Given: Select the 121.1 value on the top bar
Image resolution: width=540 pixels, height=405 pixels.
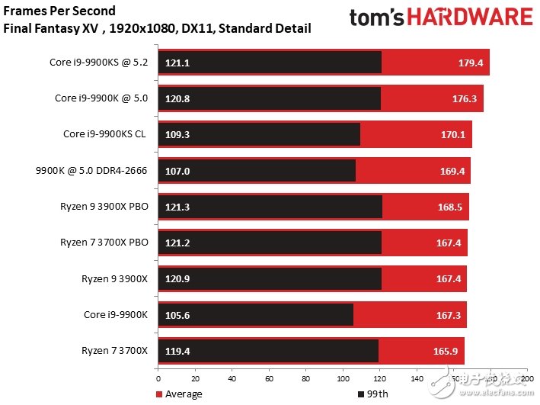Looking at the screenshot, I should click(177, 63).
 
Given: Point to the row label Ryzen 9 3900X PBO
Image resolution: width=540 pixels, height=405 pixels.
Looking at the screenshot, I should click(105, 206).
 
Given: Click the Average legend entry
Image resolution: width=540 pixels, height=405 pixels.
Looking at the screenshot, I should click(183, 394).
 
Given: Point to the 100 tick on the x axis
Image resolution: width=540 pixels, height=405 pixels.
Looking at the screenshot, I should click(343, 379).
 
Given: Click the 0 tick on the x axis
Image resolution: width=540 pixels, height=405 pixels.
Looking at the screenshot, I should click(158, 379).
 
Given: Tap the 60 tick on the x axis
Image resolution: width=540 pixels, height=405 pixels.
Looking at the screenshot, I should click(269, 379).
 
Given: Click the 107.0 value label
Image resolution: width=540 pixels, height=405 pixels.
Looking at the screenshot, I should click(177, 171).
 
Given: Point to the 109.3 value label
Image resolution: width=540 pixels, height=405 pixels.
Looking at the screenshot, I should click(177, 135).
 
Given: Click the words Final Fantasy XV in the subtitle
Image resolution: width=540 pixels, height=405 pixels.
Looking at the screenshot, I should click(44, 29).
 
